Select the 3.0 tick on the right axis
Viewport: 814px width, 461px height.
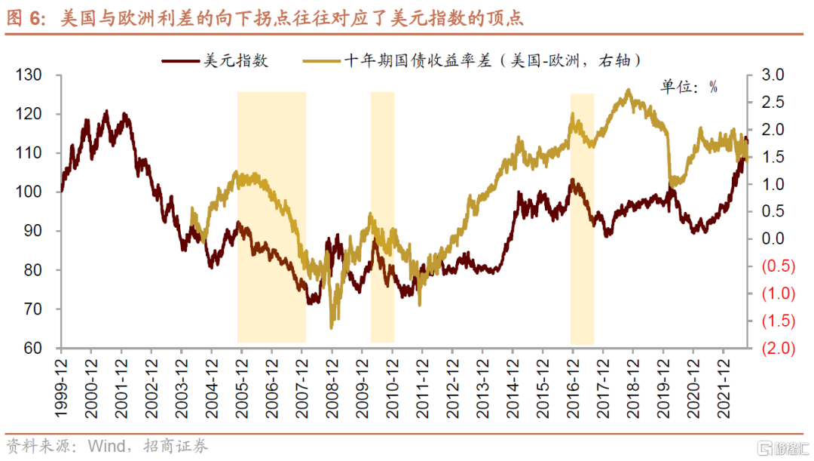coord(773,75)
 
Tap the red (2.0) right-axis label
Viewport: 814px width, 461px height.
coord(778,348)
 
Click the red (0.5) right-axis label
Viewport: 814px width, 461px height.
coord(778,266)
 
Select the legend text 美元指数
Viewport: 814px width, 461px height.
coord(236,60)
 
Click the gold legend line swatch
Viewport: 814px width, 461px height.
coord(321,60)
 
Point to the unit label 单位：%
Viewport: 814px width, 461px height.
coord(689,87)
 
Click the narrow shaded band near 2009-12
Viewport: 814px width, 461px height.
coord(382,217)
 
